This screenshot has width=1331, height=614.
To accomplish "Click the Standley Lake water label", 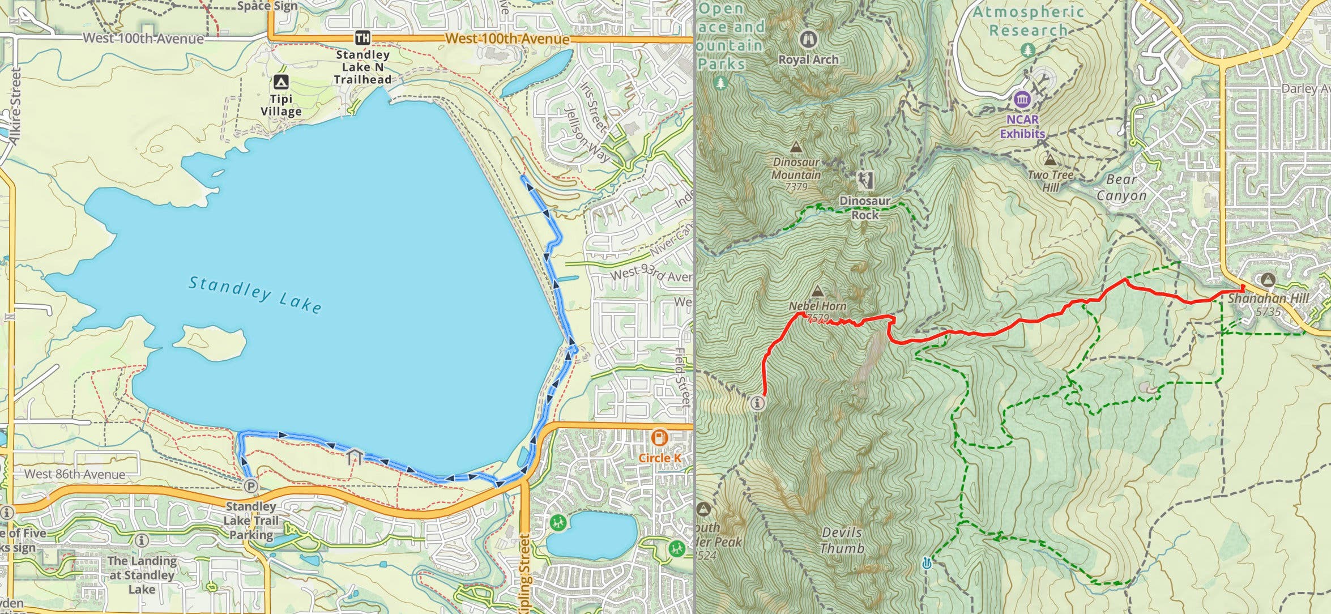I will (255, 294).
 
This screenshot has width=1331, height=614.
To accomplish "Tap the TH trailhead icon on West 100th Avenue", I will (362, 38).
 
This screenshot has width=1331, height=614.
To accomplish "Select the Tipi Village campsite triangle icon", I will (281, 82).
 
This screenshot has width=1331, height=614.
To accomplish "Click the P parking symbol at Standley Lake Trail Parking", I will (250, 486).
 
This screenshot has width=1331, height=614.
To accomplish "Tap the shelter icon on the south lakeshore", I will (355, 456).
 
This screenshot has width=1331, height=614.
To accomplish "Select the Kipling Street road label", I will (524, 572).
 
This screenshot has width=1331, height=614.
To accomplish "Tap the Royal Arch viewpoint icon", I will (808, 39).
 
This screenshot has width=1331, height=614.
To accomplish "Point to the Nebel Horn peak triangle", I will (817, 292).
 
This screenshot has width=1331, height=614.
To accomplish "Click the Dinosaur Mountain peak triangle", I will (796, 147).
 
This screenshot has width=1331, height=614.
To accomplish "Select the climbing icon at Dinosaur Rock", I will (865, 181).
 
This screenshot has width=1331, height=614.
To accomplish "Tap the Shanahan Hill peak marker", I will (1268, 279).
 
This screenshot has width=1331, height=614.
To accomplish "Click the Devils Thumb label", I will (842, 540).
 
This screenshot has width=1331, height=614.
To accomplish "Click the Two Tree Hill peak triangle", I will (1050, 160).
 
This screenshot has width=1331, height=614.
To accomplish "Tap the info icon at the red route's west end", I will (758, 403).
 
